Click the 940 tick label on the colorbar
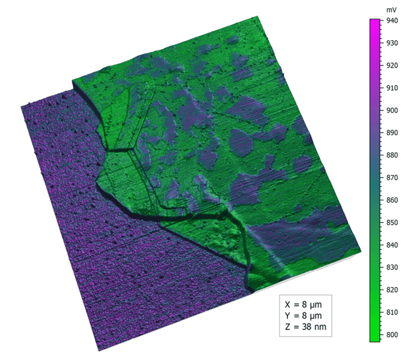pyautogui.click(x=392, y=20)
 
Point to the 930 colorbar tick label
pyautogui.click(x=392, y=43)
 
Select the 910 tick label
pyautogui.click(x=392, y=88)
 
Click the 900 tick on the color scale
pyautogui.click(x=392, y=110)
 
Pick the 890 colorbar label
pyautogui.click(x=392, y=133)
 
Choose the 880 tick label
pyautogui.click(x=392, y=155)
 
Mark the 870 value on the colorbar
pyautogui.click(x=392, y=178)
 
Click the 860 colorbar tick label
pyautogui.click(x=392, y=200)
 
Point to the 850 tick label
pyautogui.click(x=392, y=222)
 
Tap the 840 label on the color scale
pyautogui.click(x=392, y=245)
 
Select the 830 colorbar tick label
pyautogui.click(x=392, y=267)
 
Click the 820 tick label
pyautogui.click(x=392, y=290)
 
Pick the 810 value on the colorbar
pyautogui.click(x=392, y=313)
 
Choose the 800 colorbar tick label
pyautogui.click(x=392, y=335)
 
